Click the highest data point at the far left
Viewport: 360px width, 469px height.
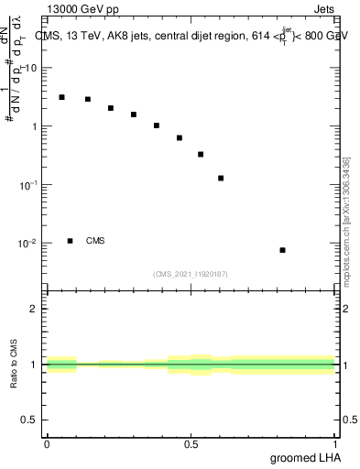coord(61,97)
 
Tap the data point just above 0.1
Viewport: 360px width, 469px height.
coord(221,178)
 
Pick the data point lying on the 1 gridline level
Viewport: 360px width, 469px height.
coord(157,125)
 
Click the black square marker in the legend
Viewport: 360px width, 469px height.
coord(70,241)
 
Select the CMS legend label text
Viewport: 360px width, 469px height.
coord(95,241)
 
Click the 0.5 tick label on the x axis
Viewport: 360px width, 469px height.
coord(191,444)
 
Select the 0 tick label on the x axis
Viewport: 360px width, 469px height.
coord(47,444)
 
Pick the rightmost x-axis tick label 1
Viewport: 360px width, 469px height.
coord(335,444)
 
